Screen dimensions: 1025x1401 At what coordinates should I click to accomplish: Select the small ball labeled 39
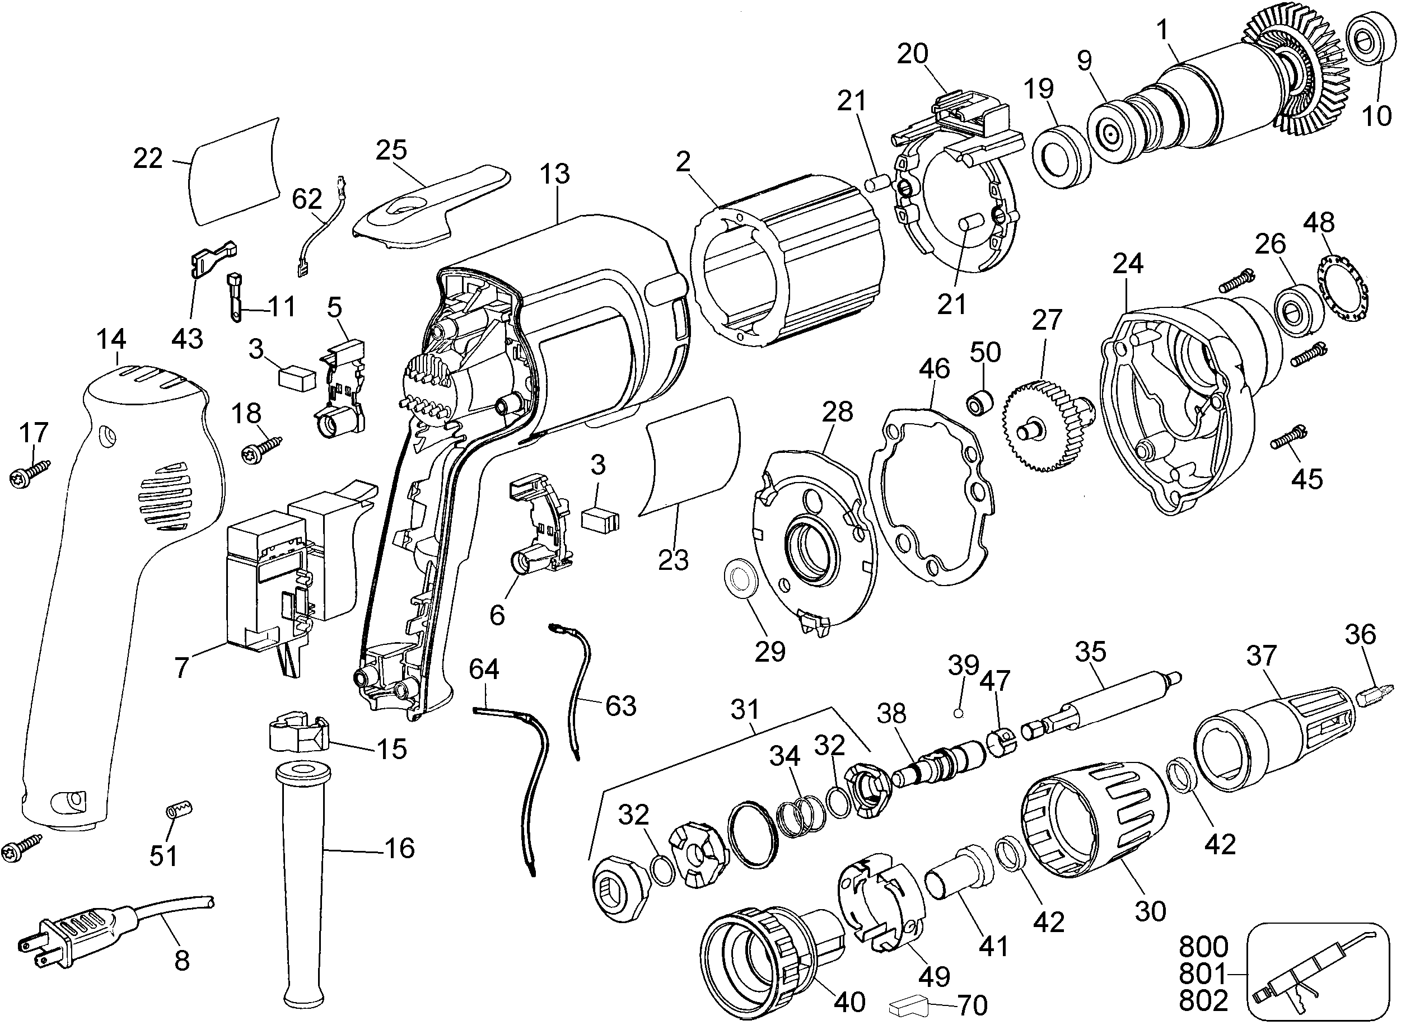point(958,714)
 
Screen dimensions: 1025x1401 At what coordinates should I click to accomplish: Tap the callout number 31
point(745,709)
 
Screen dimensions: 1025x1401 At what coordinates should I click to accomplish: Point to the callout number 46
point(934,368)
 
